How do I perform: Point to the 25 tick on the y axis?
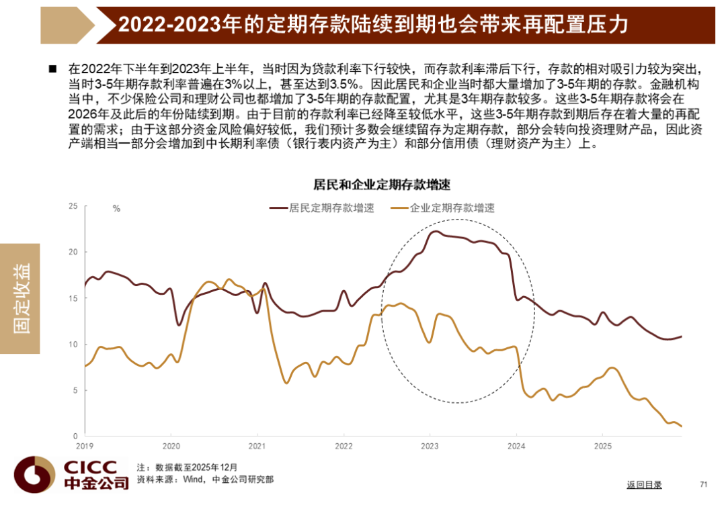(73, 206)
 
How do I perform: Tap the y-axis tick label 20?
(73, 252)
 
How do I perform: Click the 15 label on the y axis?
(73, 298)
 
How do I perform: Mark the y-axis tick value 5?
(75, 390)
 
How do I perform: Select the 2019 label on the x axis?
(85, 446)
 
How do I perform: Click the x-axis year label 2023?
(430, 446)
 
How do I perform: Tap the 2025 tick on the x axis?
(602, 446)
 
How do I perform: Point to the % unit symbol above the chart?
(116, 209)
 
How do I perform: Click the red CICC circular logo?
(33, 474)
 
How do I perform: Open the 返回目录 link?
(644, 484)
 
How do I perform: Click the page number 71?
(704, 484)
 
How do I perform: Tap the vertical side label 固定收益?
(21, 298)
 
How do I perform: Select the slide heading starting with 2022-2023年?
(373, 25)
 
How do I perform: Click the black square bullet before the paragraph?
(53, 69)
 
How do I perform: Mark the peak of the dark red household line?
(436, 232)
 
